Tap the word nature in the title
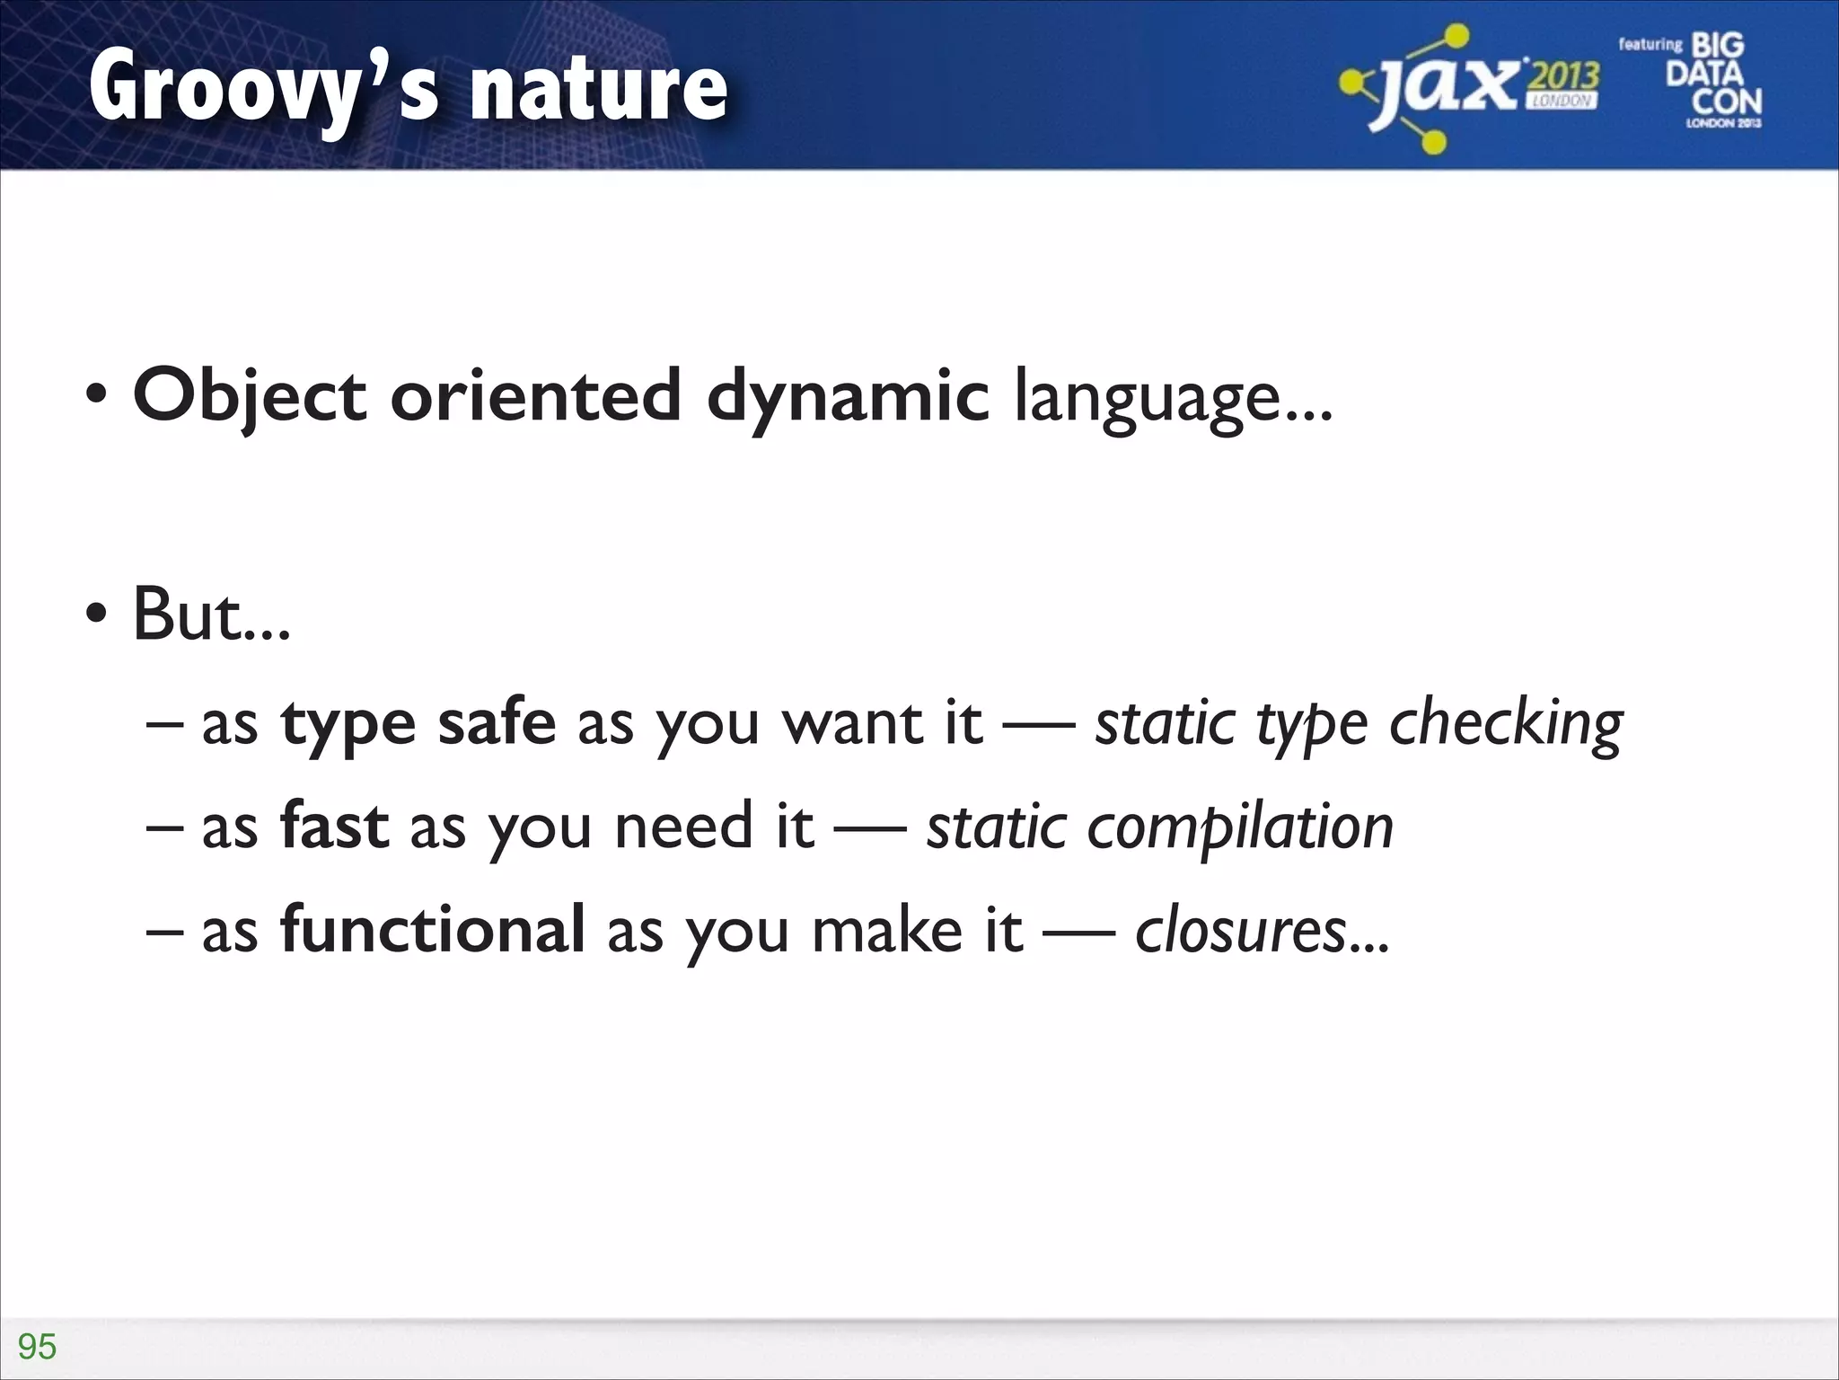tap(599, 90)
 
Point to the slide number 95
tap(37, 1347)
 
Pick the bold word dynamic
tap(848, 397)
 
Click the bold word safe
tap(497, 722)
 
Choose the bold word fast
tap(334, 826)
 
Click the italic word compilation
tap(1240, 827)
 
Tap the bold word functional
tap(433, 929)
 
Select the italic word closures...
tap(1240, 931)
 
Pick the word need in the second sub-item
tap(683, 827)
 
